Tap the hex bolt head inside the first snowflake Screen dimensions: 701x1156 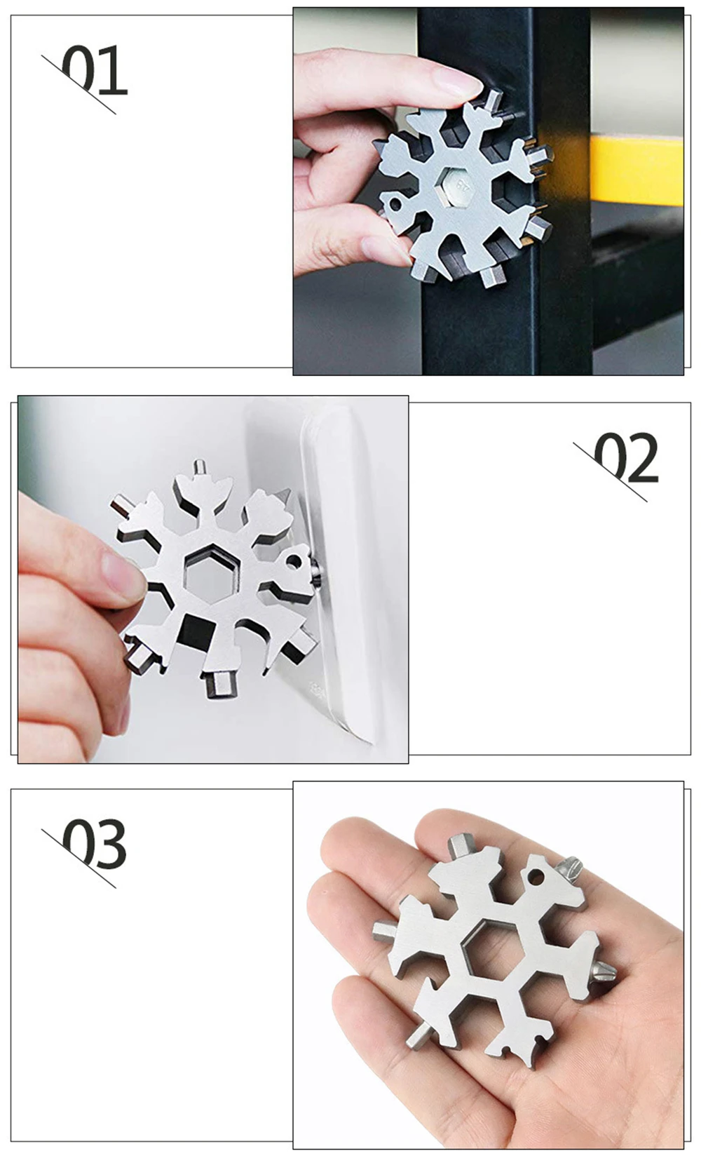pyautogui.click(x=460, y=187)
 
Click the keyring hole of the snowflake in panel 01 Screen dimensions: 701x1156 pyautogui.click(x=395, y=204)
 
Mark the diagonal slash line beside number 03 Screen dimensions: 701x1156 pyautogui.click(x=79, y=858)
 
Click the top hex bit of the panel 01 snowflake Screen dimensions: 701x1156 pyautogui.click(x=492, y=100)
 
